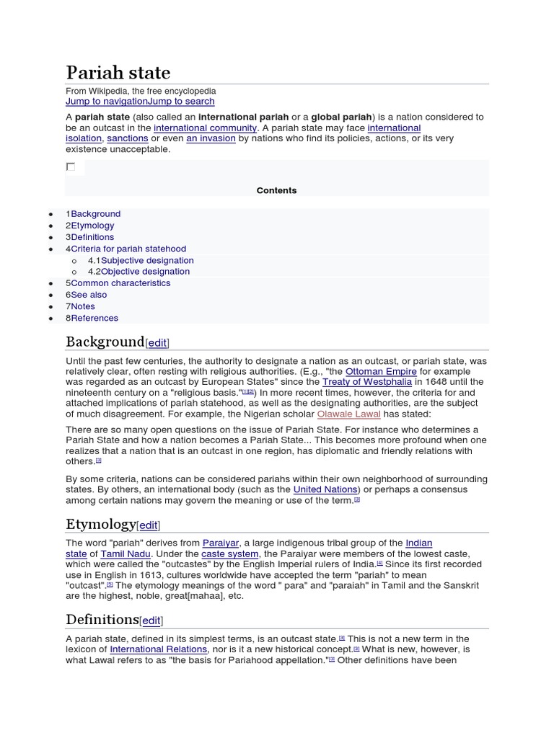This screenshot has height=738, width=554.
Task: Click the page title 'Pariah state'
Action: pos(118,73)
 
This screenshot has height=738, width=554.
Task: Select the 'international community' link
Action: pos(205,128)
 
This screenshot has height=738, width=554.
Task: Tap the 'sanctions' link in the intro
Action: pos(128,138)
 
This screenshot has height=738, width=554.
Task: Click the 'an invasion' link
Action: pos(211,138)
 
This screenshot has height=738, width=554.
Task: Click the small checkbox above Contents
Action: pos(71,166)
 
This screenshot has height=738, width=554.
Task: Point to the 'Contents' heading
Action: pos(276,190)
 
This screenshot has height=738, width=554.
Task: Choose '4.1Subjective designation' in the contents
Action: pos(141,260)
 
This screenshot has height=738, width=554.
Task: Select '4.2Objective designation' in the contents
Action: pos(138,272)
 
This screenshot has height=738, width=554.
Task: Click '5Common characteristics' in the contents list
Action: pos(118,283)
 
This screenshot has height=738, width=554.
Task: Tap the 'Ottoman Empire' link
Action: pos(381,372)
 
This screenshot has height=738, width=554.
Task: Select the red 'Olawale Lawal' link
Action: pos(348,414)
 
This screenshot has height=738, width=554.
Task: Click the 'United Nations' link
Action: pos(326,489)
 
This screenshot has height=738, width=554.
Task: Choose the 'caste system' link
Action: pos(229,553)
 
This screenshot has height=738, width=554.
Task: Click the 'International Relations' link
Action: pos(158,649)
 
